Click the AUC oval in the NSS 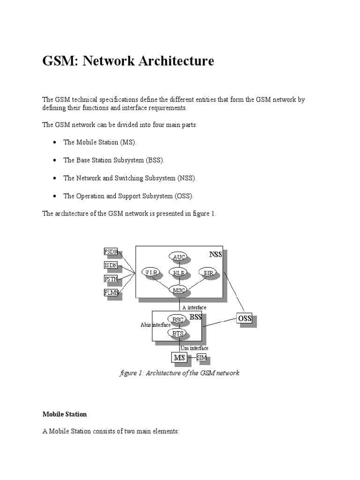178,257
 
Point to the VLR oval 151,272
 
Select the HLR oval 178,272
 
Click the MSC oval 178,290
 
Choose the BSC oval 177,320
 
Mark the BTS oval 177,333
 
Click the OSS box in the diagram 245,319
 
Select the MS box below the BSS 180,358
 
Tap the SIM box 202,358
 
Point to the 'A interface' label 194,307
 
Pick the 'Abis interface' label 155,324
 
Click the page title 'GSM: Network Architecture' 128,61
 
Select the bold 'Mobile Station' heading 65,414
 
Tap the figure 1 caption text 180,373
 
